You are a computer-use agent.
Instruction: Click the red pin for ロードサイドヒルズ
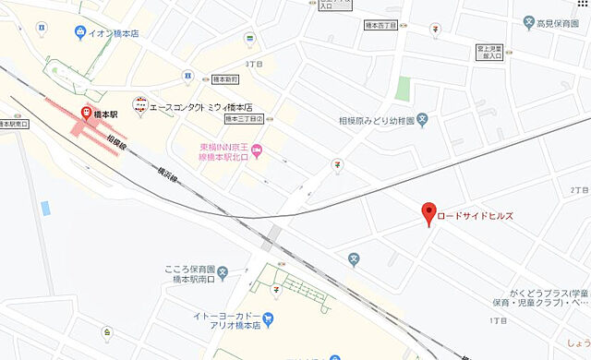click(x=428, y=212)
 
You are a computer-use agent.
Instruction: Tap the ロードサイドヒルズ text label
click(x=475, y=216)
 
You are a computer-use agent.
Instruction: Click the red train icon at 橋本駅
click(x=87, y=114)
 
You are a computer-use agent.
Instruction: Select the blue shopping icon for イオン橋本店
click(x=80, y=32)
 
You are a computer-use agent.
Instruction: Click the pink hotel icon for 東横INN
click(x=258, y=151)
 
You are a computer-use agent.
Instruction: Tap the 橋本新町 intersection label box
click(x=224, y=80)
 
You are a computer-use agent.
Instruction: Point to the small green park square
click(x=402, y=89)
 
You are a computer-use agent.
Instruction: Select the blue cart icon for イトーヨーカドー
click(x=269, y=322)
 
